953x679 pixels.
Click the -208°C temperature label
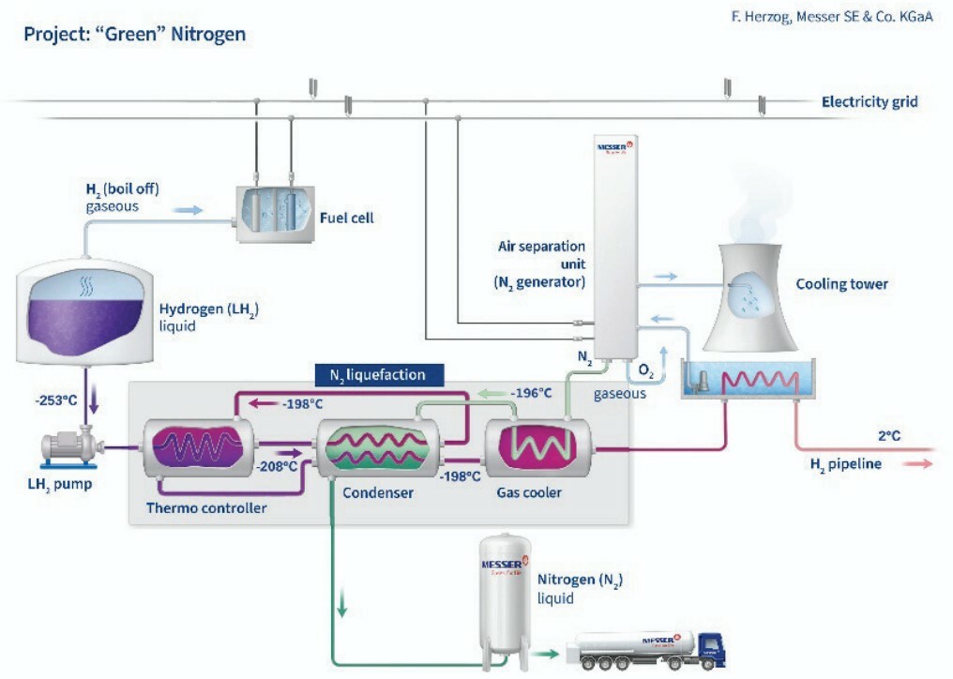279,465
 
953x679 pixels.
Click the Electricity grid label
869,102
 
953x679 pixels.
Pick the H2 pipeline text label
845,463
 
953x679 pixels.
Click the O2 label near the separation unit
645,372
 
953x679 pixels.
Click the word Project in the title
52,35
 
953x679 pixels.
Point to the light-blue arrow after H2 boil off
188,210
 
